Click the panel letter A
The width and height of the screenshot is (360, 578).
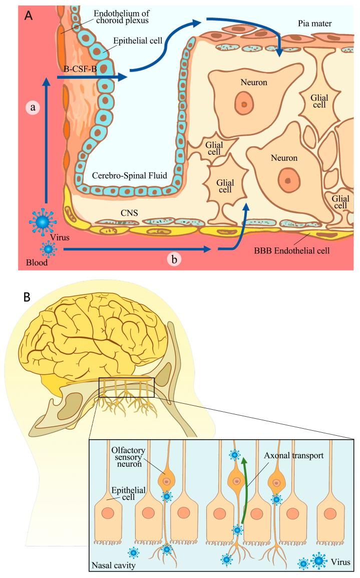click(29, 15)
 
